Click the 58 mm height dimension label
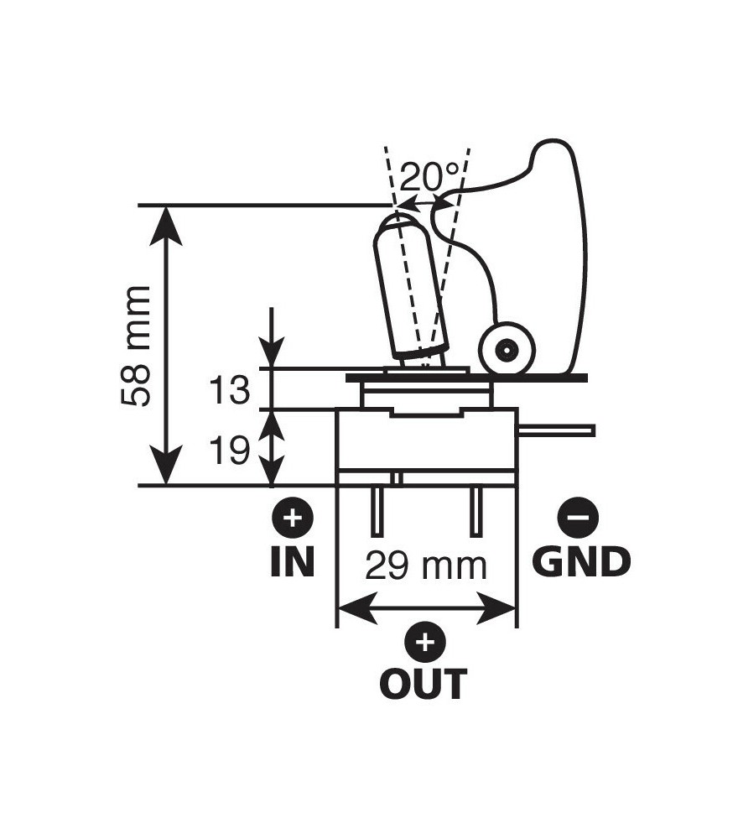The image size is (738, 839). pyautogui.click(x=135, y=346)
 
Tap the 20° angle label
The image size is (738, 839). pyautogui.click(x=429, y=177)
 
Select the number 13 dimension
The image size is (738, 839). pyautogui.click(x=228, y=391)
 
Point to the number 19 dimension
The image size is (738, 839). pyautogui.click(x=228, y=451)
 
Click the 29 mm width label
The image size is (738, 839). pyautogui.click(x=426, y=566)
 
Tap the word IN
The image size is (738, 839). pyautogui.click(x=292, y=563)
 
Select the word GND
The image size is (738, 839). pyautogui.click(x=581, y=563)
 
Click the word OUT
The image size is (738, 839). pyautogui.click(x=424, y=685)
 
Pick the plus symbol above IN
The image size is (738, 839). pyautogui.click(x=292, y=518)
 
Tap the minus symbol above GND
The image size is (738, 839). pyautogui.click(x=578, y=518)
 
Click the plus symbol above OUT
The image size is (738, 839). pyautogui.click(x=426, y=643)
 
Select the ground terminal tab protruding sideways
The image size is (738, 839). pyautogui.click(x=558, y=430)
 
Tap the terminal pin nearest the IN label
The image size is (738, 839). pyautogui.click(x=377, y=512)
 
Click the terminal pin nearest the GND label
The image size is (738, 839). pyautogui.click(x=476, y=512)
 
